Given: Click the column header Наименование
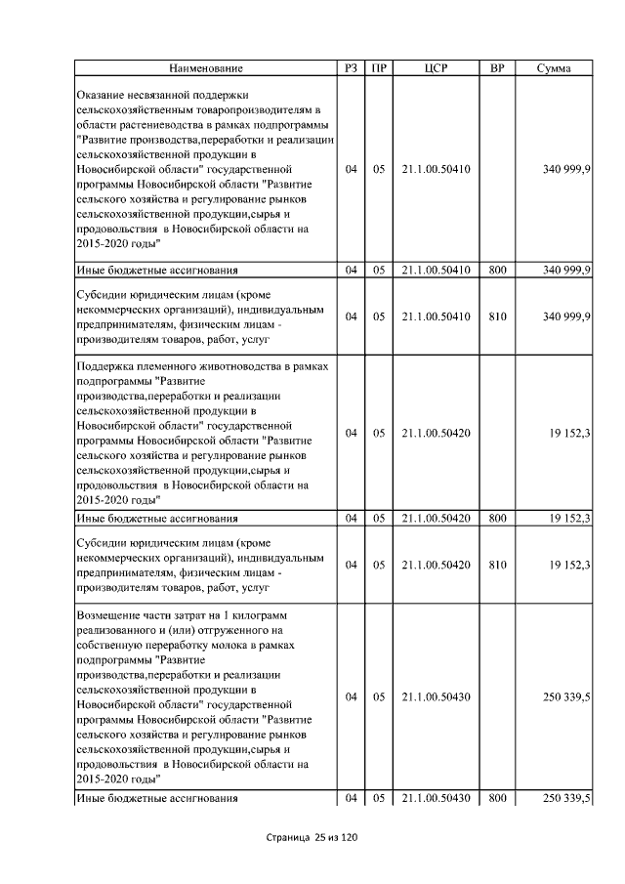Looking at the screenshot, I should point(206,68).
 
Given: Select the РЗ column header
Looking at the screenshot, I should point(351,68).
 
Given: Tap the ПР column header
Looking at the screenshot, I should point(378,68).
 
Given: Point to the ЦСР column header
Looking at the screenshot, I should point(436,68).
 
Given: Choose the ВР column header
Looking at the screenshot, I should point(496,68).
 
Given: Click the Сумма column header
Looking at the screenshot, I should point(554,68).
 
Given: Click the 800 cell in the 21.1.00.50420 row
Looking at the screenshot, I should point(496,518).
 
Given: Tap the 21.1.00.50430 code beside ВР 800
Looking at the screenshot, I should point(436,799).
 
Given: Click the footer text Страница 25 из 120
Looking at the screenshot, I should point(312,838).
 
